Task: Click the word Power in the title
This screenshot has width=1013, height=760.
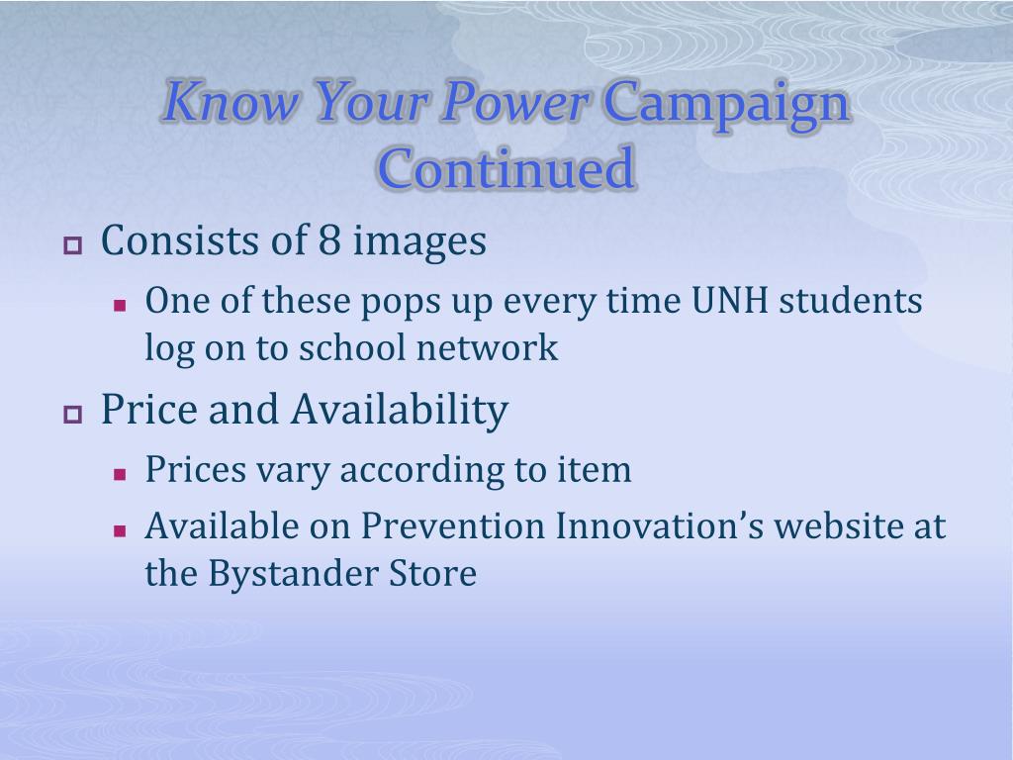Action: point(514,102)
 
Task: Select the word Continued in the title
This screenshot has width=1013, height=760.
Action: point(506,168)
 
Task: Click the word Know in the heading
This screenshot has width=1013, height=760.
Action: point(231,102)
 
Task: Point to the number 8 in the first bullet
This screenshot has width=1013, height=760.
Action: point(328,240)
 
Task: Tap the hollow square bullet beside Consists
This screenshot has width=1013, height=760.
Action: point(73,245)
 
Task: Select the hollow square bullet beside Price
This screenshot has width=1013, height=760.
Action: point(73,415)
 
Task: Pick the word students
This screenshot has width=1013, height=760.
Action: point(850,301)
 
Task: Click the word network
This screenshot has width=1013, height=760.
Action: point(487,347)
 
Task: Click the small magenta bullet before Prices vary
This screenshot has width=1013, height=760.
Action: point(120,475)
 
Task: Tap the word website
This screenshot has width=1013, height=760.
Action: point(839,526)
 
